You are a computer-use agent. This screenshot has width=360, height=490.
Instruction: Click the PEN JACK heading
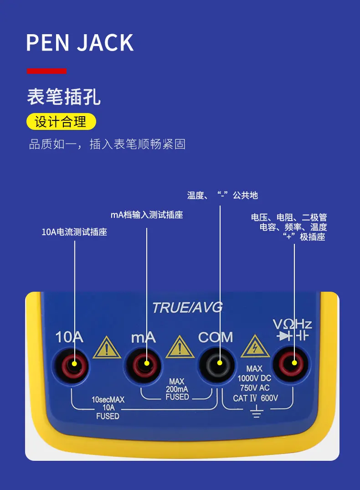coord(80,42)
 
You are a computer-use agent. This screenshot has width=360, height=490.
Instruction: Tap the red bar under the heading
coord(46,71)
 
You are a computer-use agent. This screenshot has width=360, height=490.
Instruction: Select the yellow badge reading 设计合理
coord(61,122)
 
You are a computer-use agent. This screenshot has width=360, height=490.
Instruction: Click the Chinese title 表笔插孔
coord(64,97)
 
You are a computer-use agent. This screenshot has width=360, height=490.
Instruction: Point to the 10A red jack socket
coord(75,363)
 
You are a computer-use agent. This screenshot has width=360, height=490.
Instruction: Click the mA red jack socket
coord(147,363)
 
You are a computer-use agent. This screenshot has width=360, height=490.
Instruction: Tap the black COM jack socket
coord(220,363)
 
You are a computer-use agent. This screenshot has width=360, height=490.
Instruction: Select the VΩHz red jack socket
coord(294,363)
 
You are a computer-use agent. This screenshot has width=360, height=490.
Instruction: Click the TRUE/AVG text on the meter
coord(187,308)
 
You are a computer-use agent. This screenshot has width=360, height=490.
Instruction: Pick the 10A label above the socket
coord(69,338)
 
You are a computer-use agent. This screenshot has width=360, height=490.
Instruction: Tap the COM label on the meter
coord(215,338)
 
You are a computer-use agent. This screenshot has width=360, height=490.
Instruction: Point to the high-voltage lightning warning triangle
coord(255,349)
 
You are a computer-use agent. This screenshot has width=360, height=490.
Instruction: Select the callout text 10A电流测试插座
coord(74,232)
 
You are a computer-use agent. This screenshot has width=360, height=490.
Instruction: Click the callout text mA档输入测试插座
coord(147,215)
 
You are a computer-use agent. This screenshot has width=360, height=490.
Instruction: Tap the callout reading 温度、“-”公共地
coord(222,195)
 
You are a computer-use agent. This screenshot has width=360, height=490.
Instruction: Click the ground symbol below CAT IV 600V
coord(257,412)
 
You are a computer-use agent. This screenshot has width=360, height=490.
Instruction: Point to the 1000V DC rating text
coord(254,378)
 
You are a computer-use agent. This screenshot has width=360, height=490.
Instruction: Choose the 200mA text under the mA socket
coord(177,389)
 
